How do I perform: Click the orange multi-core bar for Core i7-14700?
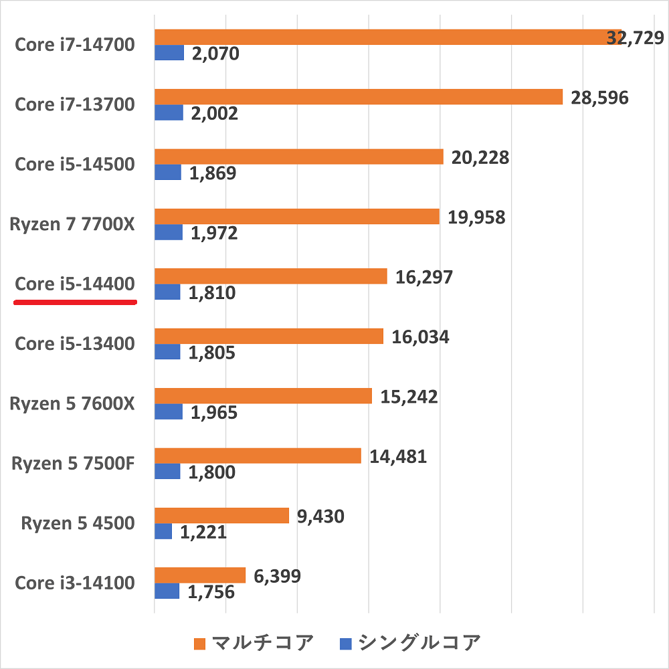[388, 37]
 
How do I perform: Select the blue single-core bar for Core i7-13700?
[169, 112]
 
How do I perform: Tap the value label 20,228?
[480, 158]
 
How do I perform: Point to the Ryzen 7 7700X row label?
[72, 224]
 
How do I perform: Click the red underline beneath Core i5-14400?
[76, 302]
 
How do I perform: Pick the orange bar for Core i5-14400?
[271, 276]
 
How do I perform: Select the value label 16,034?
[419, 337]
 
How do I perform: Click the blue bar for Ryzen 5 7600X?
[169, 411]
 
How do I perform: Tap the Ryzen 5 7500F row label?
[73, 463]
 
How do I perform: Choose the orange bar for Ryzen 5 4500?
[221, 515]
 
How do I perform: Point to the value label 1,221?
[203, 533]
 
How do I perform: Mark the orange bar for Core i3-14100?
[200, 575]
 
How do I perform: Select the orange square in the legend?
[199, 644]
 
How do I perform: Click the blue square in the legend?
[346, 644]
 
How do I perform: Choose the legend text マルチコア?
[262, 644]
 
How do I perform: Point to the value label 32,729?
[635, 38]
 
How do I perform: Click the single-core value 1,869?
[212, 173]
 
